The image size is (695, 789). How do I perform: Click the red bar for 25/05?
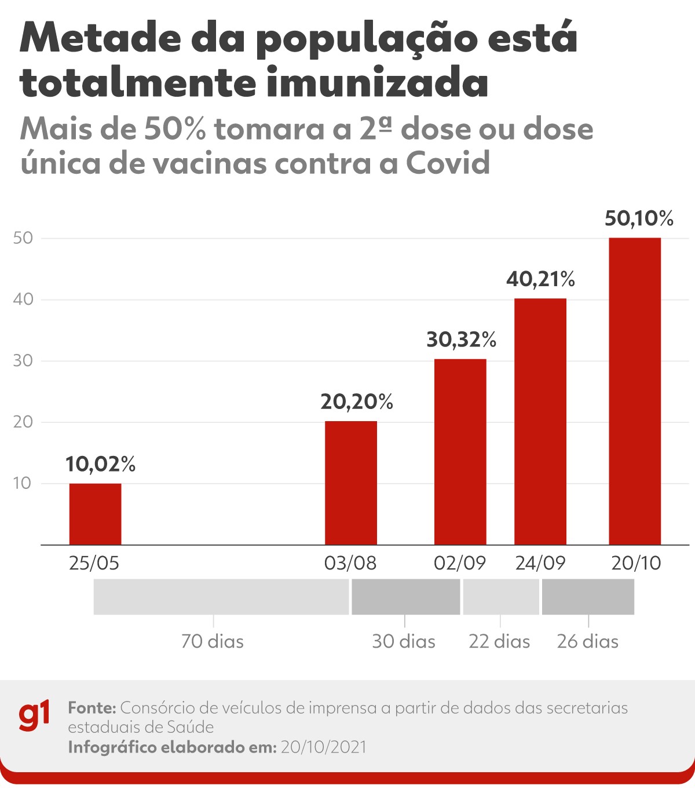click(95, 514)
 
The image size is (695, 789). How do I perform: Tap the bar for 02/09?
click(460, 452)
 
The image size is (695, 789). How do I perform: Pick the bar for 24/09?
click(540, 421)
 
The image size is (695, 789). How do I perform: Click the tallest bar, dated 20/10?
click(634, 391)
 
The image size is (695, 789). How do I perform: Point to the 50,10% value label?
click(639, 219)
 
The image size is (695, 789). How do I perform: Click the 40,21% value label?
click(540, 280)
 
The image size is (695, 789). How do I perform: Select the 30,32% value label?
click(461, 340)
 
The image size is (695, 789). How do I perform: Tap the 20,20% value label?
click(357, 402)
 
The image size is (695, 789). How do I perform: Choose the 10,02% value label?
click(100, 464)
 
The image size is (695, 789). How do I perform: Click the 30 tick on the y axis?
click(23, 361)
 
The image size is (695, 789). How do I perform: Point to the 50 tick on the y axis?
click(23, 238)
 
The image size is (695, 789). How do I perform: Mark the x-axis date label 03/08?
click(350, 563)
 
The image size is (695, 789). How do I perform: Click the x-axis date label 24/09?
click(540, 563)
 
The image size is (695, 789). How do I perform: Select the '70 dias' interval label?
click(212, 641)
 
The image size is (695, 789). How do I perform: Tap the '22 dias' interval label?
click(499, 641)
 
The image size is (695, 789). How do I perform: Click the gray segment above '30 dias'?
click(405, 597)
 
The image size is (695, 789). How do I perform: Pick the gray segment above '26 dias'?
click(588, 597)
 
